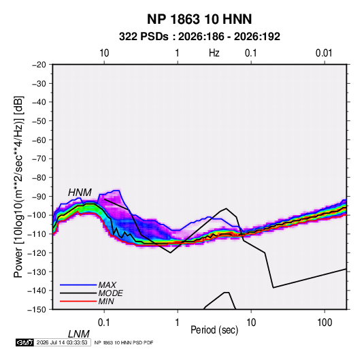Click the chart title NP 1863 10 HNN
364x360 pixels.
[199, 19]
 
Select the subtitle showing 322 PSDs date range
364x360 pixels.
[199, 37]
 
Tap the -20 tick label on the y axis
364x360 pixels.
[39, 65]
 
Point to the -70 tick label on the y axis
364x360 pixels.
[39, 159]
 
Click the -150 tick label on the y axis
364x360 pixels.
[37, 310]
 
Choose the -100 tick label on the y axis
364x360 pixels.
[37, 215]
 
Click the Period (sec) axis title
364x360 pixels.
[214, 330]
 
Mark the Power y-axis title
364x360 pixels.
[18, 186]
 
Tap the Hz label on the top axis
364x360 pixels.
[214, 53]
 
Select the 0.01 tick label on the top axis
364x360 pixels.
[324, 53]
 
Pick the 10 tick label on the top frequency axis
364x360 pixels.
[104, 53]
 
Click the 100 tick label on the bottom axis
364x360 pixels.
[325, 323]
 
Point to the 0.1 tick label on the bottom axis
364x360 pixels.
[104, 323]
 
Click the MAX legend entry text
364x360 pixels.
[107, 284]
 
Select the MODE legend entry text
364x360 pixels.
[110, 293]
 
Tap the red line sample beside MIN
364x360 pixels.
[78, 301]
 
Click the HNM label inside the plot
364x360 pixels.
[80, 193]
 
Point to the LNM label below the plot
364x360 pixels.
[78, 334]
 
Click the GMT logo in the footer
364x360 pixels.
[25, 342]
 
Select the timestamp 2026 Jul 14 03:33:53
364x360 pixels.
[62, 342]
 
